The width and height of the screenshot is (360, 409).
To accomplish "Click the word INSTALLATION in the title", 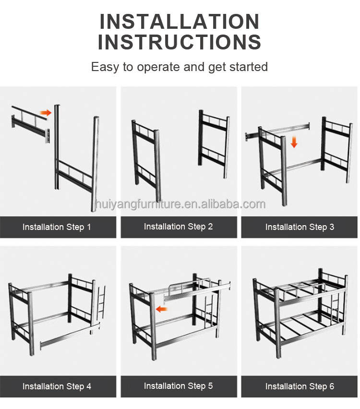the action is click(180, 22).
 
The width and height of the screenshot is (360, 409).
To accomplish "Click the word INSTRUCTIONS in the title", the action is click(180, 42).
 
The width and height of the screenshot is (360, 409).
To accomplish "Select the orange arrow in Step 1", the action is click(46, 113).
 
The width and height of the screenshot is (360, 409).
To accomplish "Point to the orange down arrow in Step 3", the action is click(294, 142).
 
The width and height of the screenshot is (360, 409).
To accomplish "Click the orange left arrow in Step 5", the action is click(161, 309).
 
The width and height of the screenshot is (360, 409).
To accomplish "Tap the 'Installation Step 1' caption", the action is click(57, 227).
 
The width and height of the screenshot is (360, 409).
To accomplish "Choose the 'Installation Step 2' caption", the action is click(178, 227).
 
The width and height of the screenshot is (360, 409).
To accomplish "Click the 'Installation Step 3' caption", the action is click(300, 227).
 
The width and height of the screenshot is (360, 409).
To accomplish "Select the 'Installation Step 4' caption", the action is click(57, 386).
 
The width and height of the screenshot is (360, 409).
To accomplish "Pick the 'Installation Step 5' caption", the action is click(178, 385).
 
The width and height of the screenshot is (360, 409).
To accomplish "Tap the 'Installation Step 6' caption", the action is click(300, 386).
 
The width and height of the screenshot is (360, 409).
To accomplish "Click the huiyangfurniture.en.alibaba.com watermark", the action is click(180, 204).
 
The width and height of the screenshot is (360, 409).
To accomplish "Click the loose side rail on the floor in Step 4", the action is click(70, 336).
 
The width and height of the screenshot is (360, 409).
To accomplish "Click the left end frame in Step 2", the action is click(146, 160).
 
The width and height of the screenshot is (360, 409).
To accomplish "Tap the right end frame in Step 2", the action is click(214, 144).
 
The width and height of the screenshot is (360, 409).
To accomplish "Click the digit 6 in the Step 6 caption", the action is click(332, 386).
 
